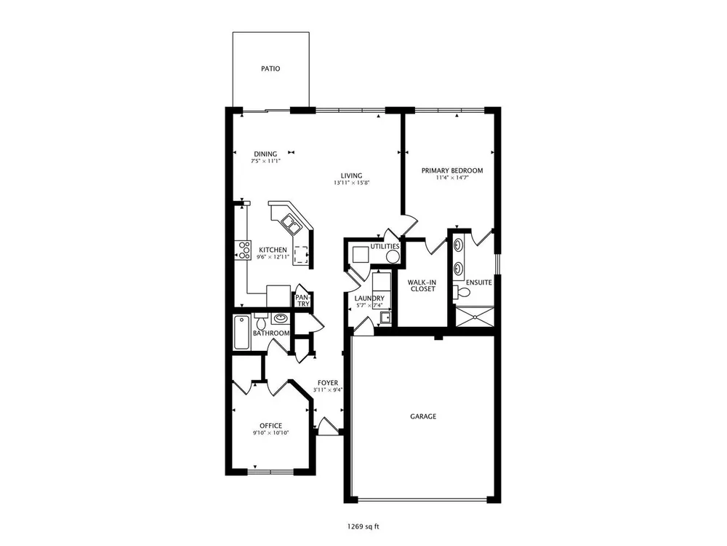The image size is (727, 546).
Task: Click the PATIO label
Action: (270, 68)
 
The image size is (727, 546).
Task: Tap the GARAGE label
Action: (423, 416)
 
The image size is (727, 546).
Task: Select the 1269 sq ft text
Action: (363, 526)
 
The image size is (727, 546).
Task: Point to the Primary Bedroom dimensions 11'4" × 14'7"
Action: (452, 178)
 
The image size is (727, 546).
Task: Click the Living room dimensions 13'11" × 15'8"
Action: (351, 183)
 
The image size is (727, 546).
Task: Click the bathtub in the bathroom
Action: (241, 332)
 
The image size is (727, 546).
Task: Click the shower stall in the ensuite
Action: (474, 317)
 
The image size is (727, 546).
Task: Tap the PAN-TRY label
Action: (302, 301)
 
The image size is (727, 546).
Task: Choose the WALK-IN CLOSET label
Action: (422, 285)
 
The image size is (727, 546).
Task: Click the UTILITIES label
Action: (385, 246)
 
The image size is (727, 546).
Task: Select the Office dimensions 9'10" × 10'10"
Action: (270, 432)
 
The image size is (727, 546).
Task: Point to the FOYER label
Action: (328, 383)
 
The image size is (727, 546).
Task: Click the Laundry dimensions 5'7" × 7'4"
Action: (369, 306)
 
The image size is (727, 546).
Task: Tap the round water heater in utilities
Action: (393, 256)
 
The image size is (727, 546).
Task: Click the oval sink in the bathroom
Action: (280, 318)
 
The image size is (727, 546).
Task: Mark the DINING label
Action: (265, 154)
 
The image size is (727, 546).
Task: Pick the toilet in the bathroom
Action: (260, 320)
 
